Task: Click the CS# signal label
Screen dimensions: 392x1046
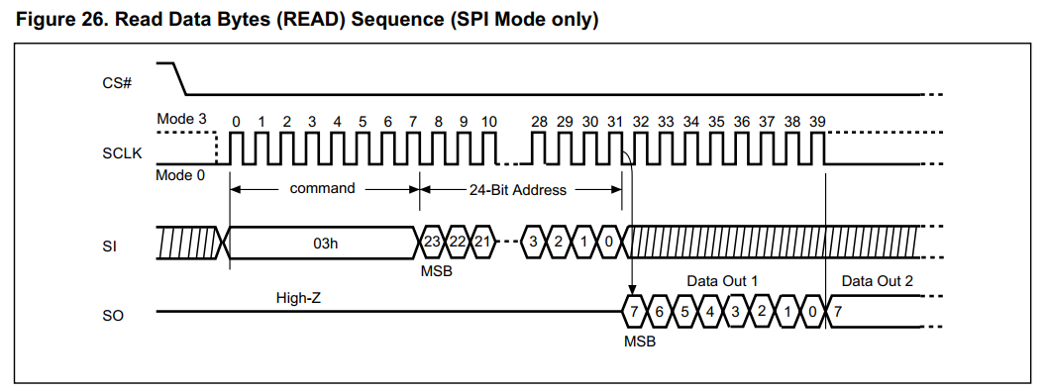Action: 117,82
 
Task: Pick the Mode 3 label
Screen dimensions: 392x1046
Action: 182,119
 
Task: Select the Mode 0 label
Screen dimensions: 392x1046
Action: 182,175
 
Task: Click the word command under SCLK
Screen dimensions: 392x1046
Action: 322,188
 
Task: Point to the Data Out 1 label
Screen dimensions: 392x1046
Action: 722,281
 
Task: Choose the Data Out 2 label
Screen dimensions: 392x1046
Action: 877,281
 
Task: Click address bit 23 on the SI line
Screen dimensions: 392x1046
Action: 432,243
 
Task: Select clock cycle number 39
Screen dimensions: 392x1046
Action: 817,121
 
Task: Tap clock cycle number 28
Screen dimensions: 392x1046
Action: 539,121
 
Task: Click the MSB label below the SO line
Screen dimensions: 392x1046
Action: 639,341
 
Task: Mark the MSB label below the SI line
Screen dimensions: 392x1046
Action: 436,270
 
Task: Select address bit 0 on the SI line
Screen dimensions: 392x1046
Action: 610,243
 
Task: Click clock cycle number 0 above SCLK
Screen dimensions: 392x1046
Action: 236,121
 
